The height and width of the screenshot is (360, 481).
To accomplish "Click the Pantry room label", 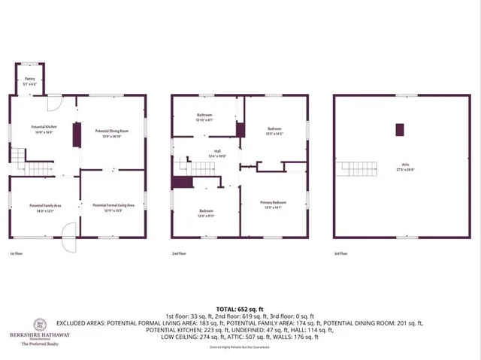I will pos(29,78).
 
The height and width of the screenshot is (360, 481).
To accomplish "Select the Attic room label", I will pos(404,167).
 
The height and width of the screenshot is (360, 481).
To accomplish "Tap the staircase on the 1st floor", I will pos(21,158).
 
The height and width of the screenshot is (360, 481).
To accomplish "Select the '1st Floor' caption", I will pos(16,254).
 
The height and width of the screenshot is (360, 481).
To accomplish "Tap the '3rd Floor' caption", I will pos(341,254).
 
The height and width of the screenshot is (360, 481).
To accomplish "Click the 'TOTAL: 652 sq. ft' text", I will pos(240,309).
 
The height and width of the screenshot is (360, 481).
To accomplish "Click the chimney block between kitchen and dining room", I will pos(75,136).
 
